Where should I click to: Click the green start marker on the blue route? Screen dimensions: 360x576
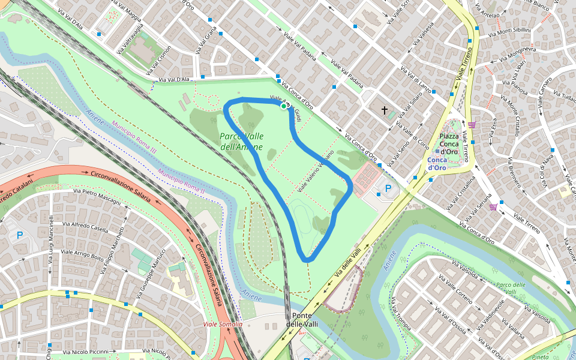[284, 106]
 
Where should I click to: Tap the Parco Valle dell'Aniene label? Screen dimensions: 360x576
[241, 142]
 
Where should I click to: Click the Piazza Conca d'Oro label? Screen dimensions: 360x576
[449, 143]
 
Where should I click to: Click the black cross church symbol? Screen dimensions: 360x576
[385, 110]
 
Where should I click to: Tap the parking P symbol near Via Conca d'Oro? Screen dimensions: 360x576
[388, 189]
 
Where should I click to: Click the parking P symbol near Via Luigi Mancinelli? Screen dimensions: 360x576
[20, 236]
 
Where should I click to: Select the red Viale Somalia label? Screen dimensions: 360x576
[223, 324]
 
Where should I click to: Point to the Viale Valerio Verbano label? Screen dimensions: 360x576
[316, 172]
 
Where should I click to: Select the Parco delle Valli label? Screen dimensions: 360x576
[511, 289]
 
